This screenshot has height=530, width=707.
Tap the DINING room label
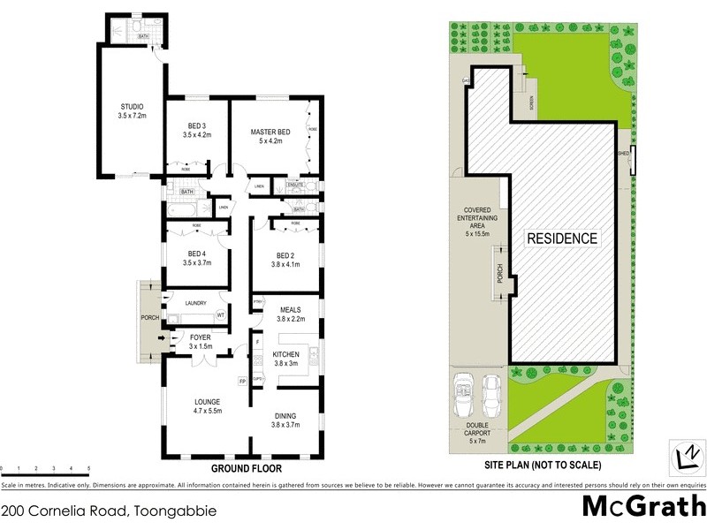(285, 416)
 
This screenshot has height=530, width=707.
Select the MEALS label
(291, 309)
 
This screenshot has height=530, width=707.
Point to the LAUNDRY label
(195, 303)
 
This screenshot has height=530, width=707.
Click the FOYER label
(201, 337)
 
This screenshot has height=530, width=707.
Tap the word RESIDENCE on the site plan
(562, 238)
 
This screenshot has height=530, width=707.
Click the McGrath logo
(644, 506)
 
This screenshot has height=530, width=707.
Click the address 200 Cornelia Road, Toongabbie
(109, 511)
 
